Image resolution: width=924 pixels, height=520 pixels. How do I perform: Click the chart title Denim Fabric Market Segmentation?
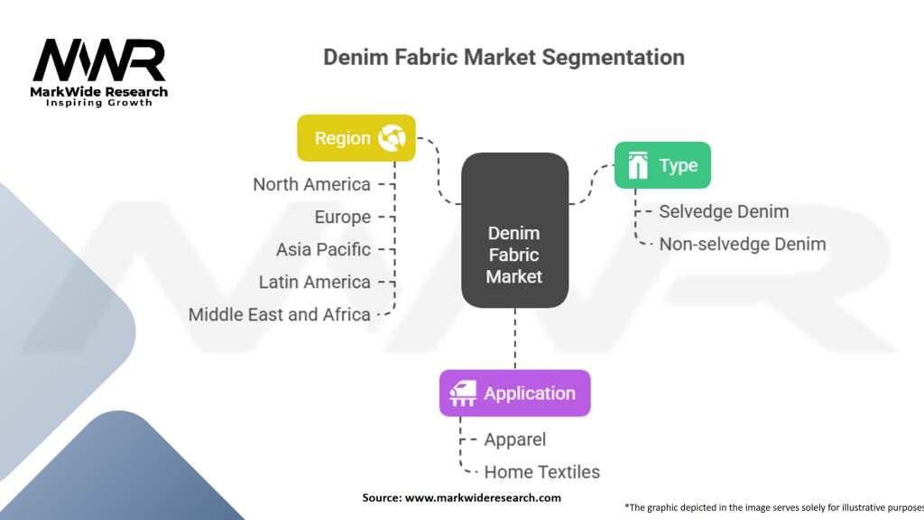pos(504,58)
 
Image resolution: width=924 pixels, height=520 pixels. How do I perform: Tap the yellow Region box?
pos(356,138)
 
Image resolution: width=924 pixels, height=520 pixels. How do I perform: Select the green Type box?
pos(661,165)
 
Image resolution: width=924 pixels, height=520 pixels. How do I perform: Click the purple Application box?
pos(514,394)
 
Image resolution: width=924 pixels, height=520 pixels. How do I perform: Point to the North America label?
pos(311,184)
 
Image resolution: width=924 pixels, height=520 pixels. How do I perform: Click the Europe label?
pos(343,217)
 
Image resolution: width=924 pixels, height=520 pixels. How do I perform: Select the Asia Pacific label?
pos(323,249)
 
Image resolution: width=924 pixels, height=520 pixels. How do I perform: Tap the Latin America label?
pos(314,282)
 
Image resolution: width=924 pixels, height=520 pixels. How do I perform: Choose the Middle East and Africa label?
pos(280,314)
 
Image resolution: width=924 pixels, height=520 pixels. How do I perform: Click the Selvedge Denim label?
pos(724,211)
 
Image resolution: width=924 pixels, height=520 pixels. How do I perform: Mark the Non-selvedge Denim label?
pos(742,244)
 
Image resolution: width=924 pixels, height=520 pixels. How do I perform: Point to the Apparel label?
pos(515,440)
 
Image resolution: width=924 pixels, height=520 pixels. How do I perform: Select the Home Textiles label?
pos(541,471)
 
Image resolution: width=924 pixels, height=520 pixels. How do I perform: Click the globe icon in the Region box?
pos(393,138)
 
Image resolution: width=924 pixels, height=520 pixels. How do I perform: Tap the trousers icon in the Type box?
pos(639,165)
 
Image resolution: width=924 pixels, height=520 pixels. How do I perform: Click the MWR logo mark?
pos(99,60)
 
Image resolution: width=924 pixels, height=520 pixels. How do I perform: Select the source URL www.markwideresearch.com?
pos(483,497)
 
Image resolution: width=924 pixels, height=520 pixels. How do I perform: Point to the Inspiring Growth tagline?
pos(99,103)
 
